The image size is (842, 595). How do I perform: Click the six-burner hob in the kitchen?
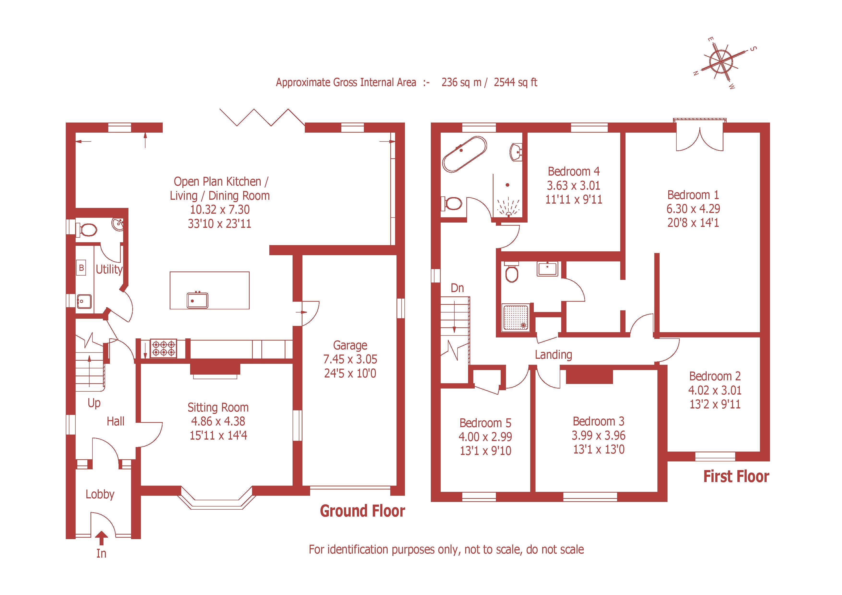point(163,348)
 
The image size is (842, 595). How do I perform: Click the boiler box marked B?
point(81,268)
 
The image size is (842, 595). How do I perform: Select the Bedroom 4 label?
point(574,171)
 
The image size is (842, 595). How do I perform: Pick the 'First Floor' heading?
point(736,476)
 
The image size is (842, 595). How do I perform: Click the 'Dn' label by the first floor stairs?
point(457,288)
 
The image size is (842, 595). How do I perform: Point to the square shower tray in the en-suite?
point(516,317)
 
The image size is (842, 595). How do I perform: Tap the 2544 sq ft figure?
point(515,82)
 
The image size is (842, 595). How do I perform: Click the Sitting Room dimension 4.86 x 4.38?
point(218,421)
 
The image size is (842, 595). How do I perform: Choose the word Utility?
point(109,270)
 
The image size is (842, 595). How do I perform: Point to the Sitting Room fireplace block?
point(215,368)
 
